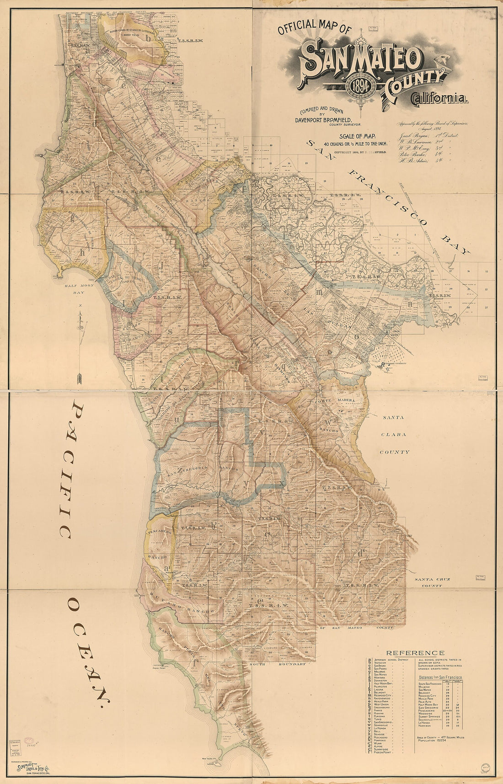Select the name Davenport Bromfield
326,119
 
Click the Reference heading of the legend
415,653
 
